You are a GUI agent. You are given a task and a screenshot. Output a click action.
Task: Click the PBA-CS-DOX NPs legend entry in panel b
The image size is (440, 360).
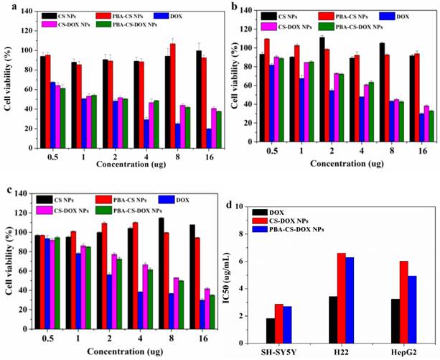coord(368,25)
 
